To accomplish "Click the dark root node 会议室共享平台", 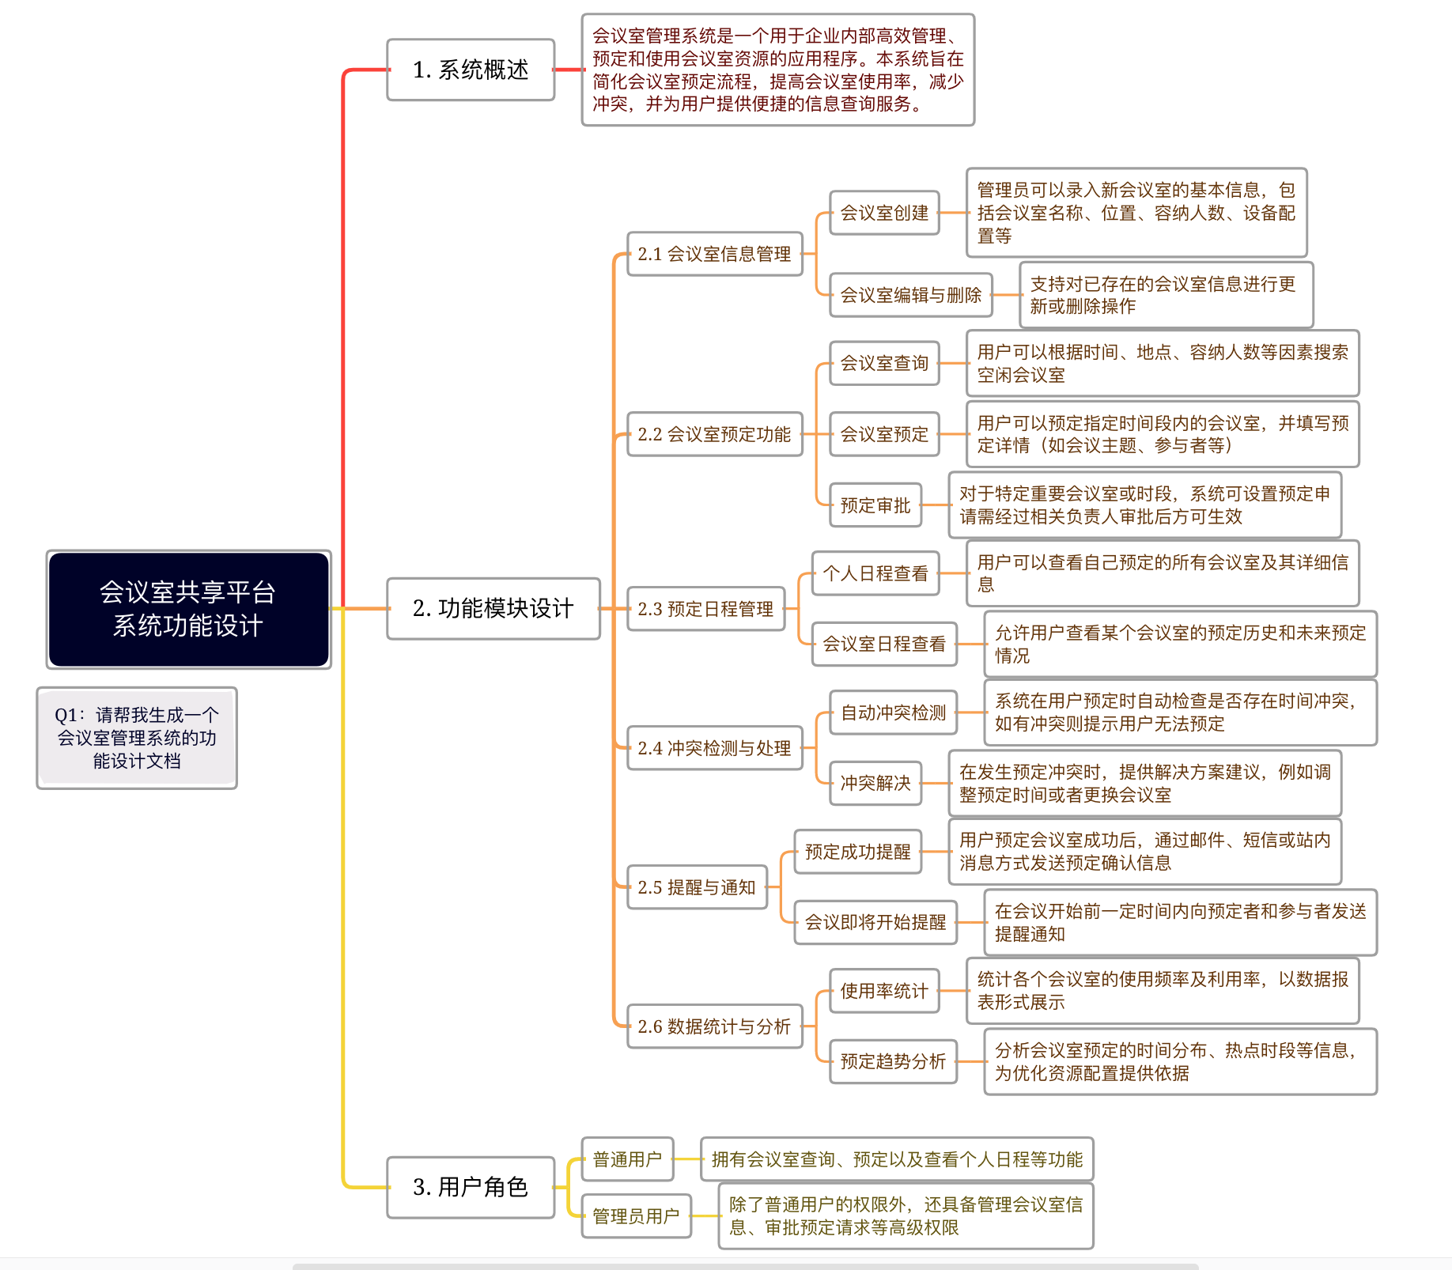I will click(x=188, y=609).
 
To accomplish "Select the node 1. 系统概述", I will click(x=471, y=70).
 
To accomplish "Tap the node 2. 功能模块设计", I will click(x=493, y=608).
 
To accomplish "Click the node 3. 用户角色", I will click(x=471, y=1187).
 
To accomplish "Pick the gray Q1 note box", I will click(x=137, y=738).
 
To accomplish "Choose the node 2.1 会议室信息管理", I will click(x=714, y=254).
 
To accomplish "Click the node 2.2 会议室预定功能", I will click(x=714, y=434).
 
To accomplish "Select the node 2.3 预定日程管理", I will click(x=705, y=609).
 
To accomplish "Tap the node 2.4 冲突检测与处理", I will click(x=714, y=748).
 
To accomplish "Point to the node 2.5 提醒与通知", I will click(x=697, y=887).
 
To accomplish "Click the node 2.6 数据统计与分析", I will click(x=714, y=1026).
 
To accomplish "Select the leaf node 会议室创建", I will click(x=884, y=213).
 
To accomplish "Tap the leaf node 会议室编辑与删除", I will click(x=910, y=295).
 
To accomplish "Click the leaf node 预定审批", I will click(x=875, y=505).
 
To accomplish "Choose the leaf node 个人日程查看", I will click(x=875, y=573).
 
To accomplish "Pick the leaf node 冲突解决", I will click(x=875, y=783).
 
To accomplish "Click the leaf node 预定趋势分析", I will click(x=893, y=1061).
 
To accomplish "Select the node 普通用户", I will click(x=627, y=1159).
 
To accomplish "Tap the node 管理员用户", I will click(x=636, y=1215).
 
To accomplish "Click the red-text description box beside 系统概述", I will click(x=778, y=70).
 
